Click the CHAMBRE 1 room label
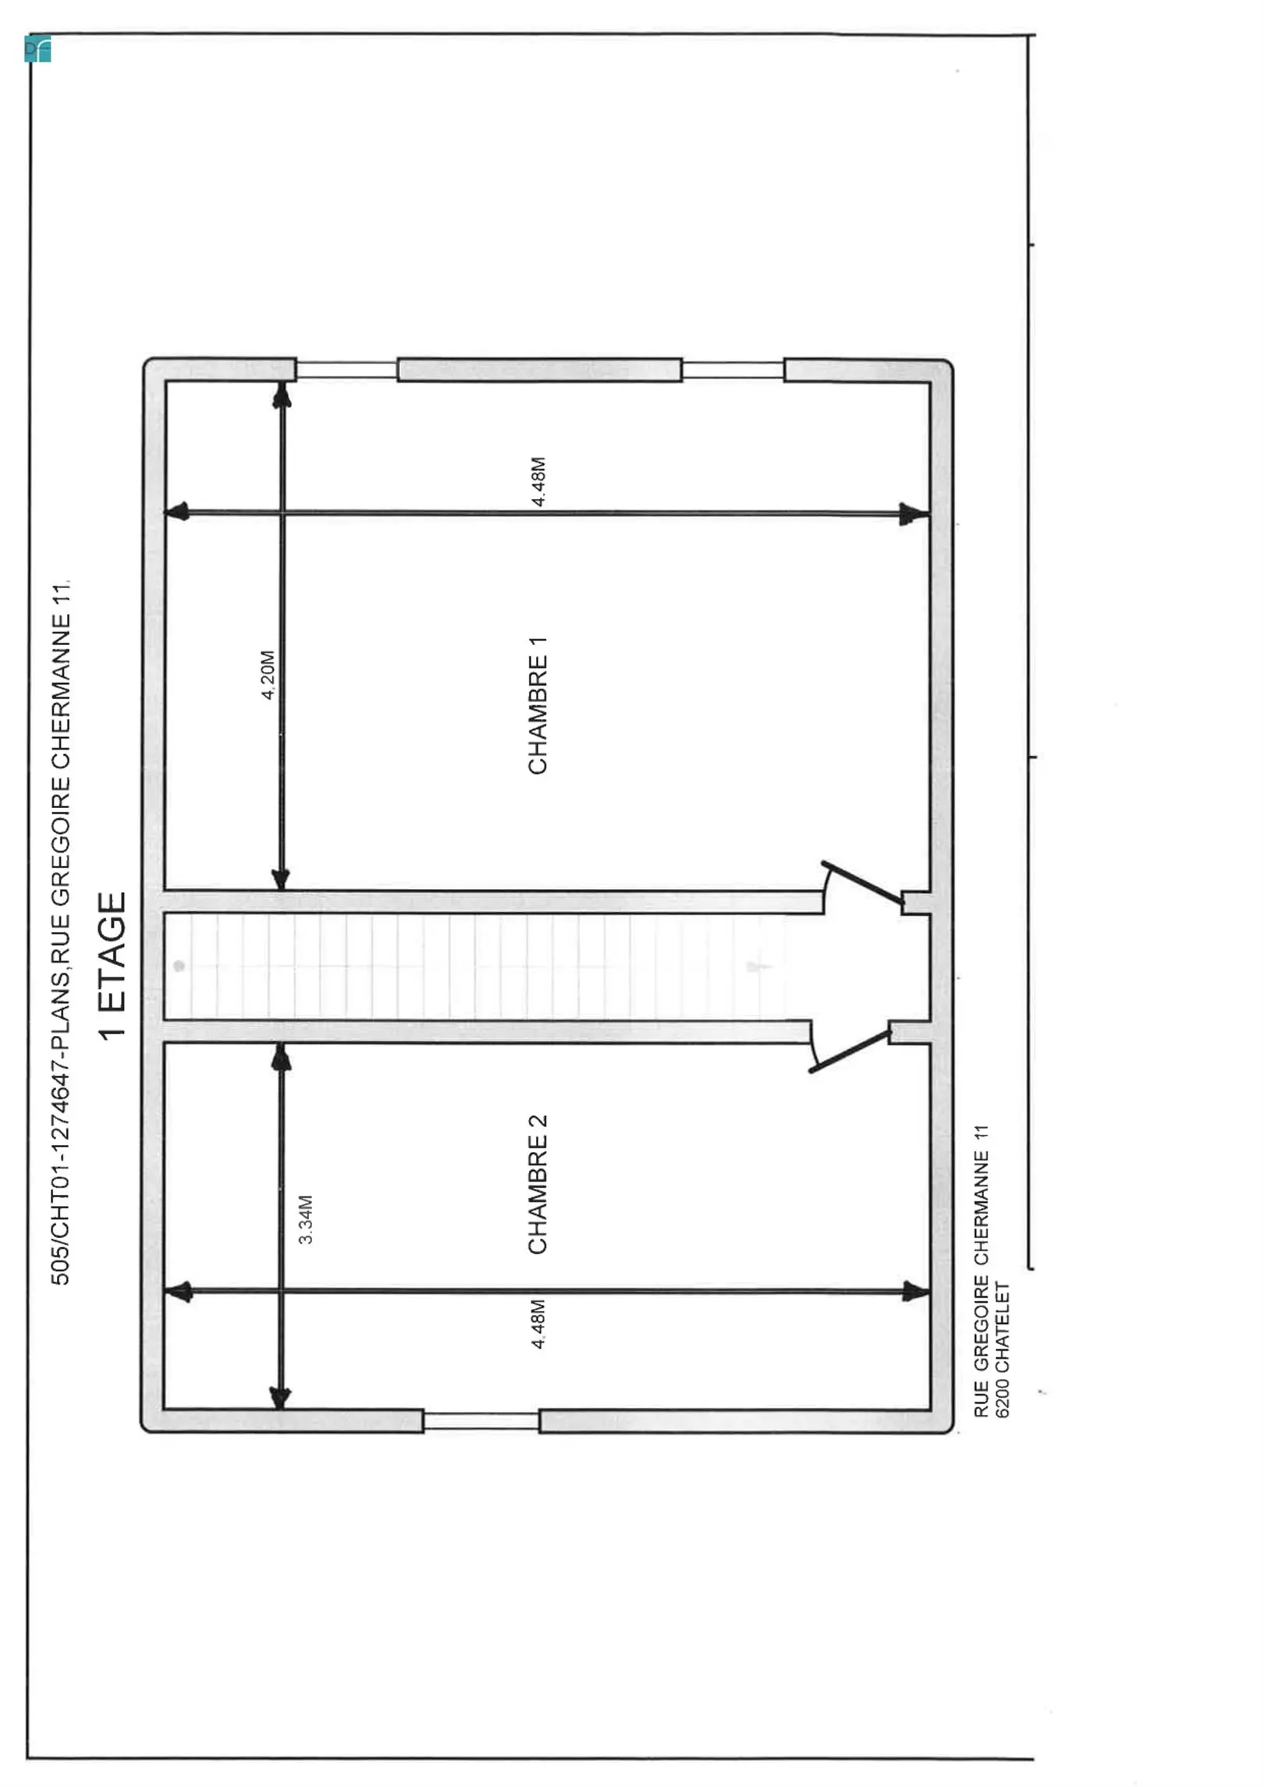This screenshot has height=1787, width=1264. [x=538, y=705]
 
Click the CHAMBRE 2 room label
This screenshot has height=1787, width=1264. [x=538, y=1184]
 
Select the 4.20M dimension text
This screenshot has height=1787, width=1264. [x=268, y=675]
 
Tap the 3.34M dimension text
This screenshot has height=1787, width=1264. [x=306, y=1219]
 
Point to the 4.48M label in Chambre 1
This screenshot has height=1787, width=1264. [x=538, y=482]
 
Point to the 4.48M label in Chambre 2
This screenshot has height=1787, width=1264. [x=538, y=1324]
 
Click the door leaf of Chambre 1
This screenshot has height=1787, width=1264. [x=863, y=883]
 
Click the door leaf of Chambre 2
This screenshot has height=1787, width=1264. [x=850, y=1051]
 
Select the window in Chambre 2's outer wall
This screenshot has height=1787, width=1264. [x=481, y=1420]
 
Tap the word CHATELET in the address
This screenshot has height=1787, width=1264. [x=1003, y=1327]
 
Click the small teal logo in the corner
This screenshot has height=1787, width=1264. [x=37, y=49]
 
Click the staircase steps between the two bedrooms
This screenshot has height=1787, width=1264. [x=476, y=967]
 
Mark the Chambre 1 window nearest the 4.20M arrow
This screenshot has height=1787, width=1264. [x=346, y=370]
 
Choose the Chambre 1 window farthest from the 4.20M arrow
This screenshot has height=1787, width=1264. [x=733, y=370]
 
